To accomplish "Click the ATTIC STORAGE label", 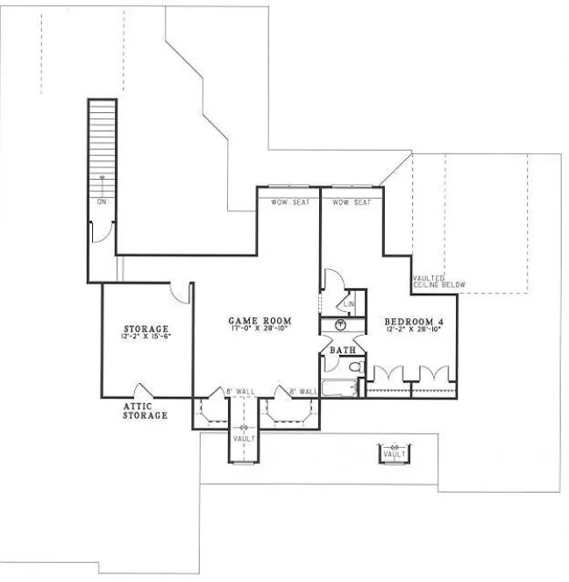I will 145,411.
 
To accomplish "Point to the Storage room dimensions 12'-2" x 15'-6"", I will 146,337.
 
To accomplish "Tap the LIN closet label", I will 348,304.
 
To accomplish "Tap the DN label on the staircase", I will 102,202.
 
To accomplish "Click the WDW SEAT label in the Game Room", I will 287,202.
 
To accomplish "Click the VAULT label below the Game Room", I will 243,437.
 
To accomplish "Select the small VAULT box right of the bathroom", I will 394,452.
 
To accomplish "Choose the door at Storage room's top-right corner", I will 180,293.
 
